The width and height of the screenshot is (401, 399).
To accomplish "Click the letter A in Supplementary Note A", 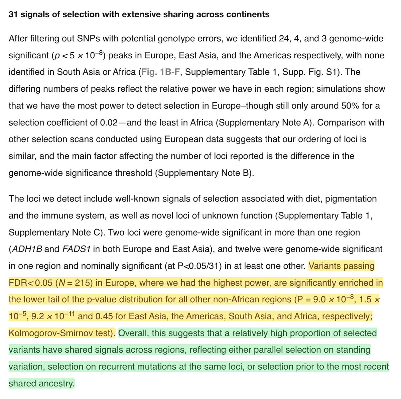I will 309,123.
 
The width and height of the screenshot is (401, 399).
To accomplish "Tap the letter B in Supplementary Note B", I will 246,173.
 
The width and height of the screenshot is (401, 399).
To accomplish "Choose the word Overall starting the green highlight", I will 133,333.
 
